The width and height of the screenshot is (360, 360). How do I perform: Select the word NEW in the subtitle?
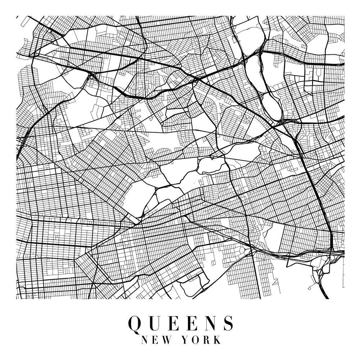coord(154,340)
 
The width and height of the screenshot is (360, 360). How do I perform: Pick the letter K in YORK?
coord(217,340)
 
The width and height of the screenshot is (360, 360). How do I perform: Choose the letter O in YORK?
coord(197,340)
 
